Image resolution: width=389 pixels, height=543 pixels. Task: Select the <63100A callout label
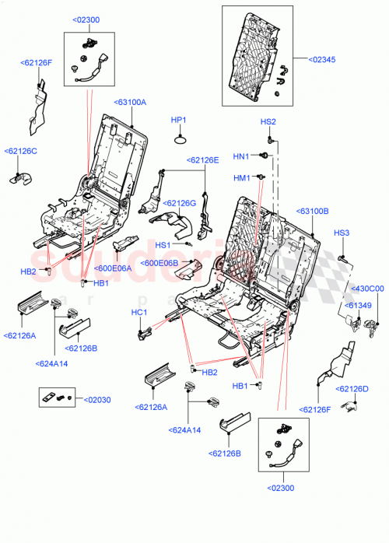point(130,101)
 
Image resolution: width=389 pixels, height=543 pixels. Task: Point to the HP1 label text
point(179,120)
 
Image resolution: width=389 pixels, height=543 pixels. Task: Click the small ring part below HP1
point(180,139)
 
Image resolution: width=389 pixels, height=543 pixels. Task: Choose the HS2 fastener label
point(268,121)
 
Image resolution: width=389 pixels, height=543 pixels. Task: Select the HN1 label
point(241,156)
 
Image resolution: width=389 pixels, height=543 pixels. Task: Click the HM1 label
point(242,178)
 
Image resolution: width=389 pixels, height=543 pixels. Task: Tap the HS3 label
point(342,233)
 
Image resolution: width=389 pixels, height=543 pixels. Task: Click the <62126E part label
point(202,160)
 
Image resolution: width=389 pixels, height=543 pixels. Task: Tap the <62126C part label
point(21,151)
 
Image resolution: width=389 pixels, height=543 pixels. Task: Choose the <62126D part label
point(352,389)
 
